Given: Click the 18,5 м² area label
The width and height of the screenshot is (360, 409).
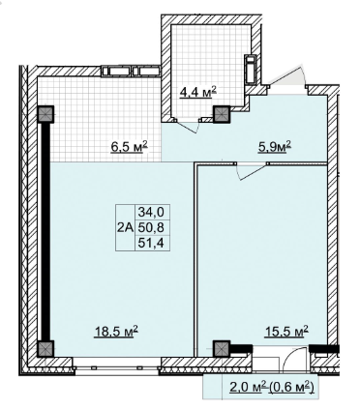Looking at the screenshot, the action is pos(116,332).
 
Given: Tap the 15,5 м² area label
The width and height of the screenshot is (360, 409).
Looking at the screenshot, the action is pos(286,331).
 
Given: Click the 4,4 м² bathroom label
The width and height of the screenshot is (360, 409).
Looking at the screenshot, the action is pos(197,93).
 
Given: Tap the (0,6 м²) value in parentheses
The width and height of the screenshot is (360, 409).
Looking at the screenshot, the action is pos(291,387).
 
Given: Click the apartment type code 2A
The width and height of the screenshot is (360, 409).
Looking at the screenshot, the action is pos(125,228).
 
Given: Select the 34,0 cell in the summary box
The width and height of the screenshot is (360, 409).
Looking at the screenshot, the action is pos(151,212).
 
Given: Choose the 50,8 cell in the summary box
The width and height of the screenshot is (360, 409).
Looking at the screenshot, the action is pos(151,227).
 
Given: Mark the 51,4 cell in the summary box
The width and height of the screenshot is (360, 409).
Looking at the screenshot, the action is pos(151,243).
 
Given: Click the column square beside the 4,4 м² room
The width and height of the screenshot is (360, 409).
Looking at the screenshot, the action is pos(222,115).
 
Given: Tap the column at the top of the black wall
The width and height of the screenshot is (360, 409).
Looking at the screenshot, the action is pos(45,115).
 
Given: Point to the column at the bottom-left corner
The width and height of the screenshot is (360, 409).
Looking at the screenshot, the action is pos(45,349).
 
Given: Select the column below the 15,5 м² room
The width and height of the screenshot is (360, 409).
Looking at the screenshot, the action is pos(222,349).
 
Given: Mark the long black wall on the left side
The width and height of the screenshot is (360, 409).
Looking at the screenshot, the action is pos(46,232).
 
